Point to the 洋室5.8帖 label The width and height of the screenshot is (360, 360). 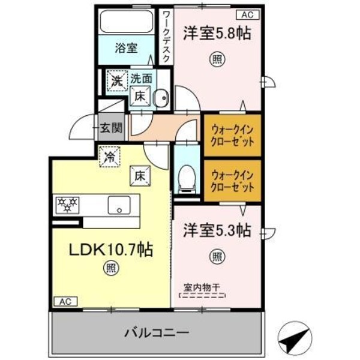(217, 33)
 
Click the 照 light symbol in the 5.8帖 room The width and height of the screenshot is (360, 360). (216, 59)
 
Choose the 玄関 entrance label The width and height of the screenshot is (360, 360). (111, 127)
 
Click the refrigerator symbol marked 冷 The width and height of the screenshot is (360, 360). (110, 158)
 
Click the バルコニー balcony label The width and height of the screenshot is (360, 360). (157, 332)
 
